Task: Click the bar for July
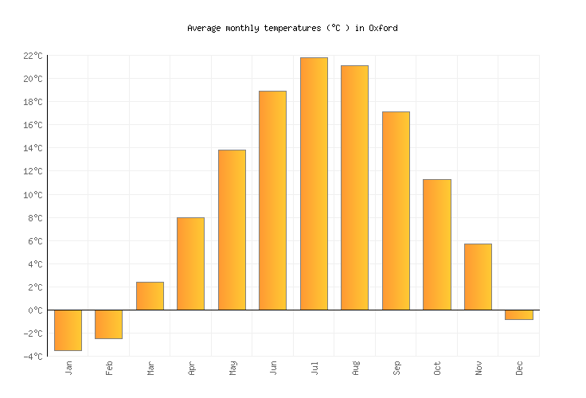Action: (314, 184)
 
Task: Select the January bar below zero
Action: (68, 330)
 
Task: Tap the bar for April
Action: (190, 263)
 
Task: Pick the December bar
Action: (518, 314)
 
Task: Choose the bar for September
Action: (396, 211)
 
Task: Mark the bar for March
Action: (150, 296)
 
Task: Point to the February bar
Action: (108, 324)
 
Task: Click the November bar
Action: (478, 277)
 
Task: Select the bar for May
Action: (232, 230)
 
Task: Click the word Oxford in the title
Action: (383, 28)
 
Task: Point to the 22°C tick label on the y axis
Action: (33, 56)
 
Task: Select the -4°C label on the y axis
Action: (33, 357)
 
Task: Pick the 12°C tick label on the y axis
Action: (33, 171)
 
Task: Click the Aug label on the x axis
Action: (355, 368)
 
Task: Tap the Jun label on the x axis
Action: (273, 368)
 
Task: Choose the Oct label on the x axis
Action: (437, 368)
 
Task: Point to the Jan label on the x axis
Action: (68, 368)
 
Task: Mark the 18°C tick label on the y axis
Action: (33, 102)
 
